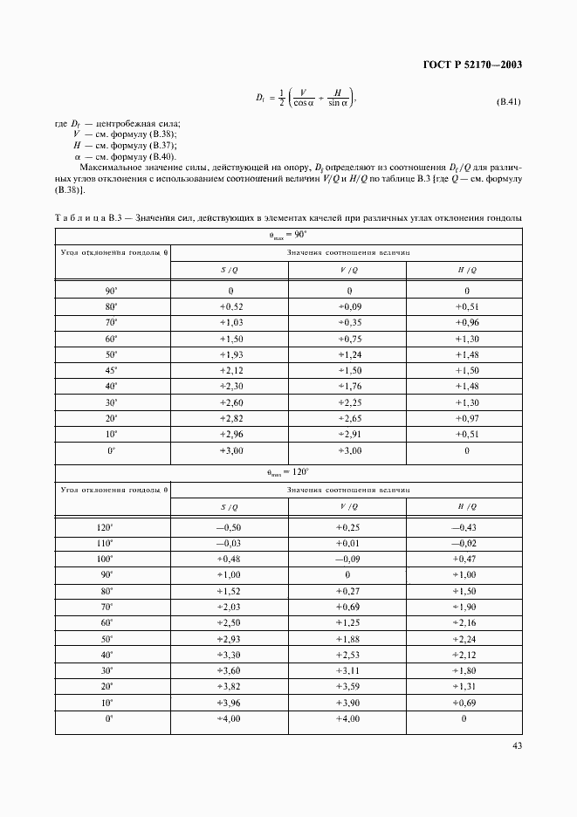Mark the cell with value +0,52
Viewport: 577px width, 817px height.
point(230,306)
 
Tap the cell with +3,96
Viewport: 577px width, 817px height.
point(230,702)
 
